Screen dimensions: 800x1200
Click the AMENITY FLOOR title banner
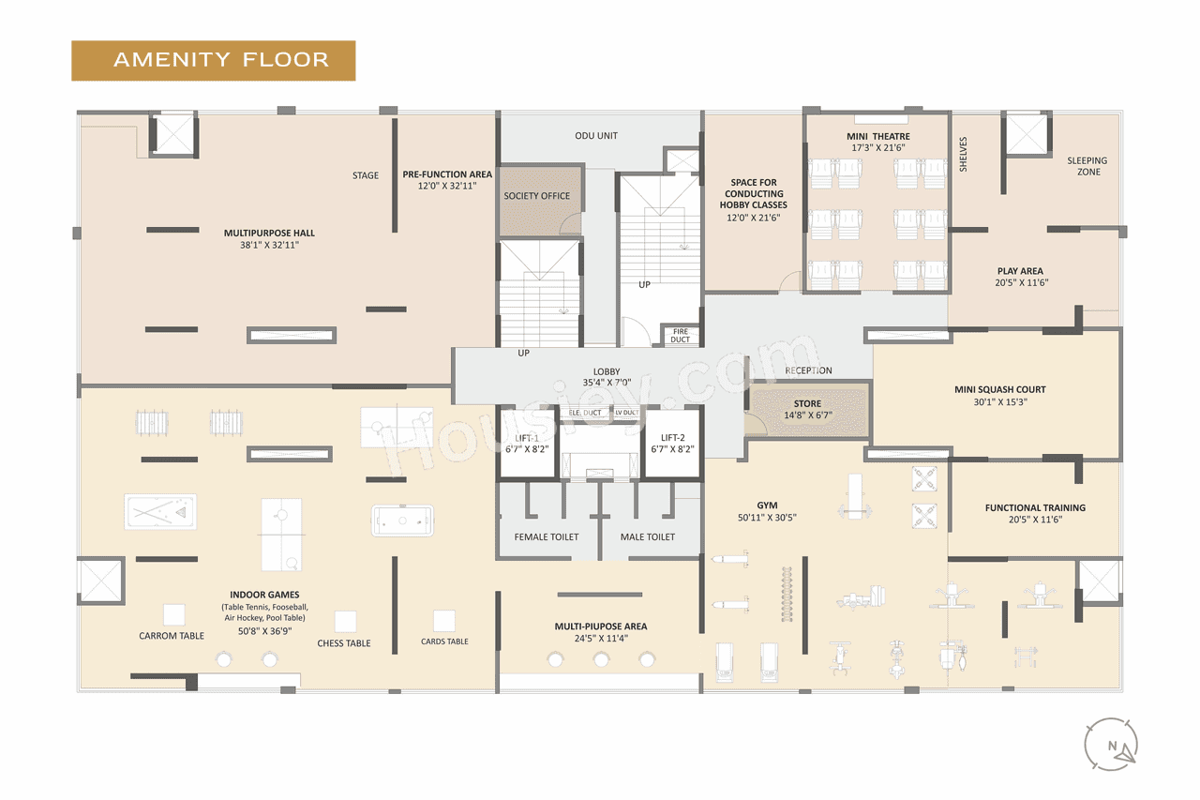tap(214, 60)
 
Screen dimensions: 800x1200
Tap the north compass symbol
tap(1111, 745)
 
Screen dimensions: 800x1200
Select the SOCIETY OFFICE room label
tap(536, 196)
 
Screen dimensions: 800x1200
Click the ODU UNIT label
tap(596, 136)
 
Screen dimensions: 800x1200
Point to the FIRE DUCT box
tap(680, 335)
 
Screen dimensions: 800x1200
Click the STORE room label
tap(806, 404)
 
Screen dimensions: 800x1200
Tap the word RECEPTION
tap(808, 371)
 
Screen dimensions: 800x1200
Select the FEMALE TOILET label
tap(547, 537)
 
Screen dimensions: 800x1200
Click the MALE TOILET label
tap(648, 537)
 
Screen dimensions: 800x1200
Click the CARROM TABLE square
tap(173, 614)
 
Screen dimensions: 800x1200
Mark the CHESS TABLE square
tap(345, 621)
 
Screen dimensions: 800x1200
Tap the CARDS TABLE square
tap(444, 620)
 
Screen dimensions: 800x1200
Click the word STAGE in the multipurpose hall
tap(366, 175)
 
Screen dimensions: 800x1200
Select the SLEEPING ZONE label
tap(1087, 166)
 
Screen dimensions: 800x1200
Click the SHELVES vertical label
tap(963, 155)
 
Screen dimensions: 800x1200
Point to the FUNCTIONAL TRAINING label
tap(1035, 508)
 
